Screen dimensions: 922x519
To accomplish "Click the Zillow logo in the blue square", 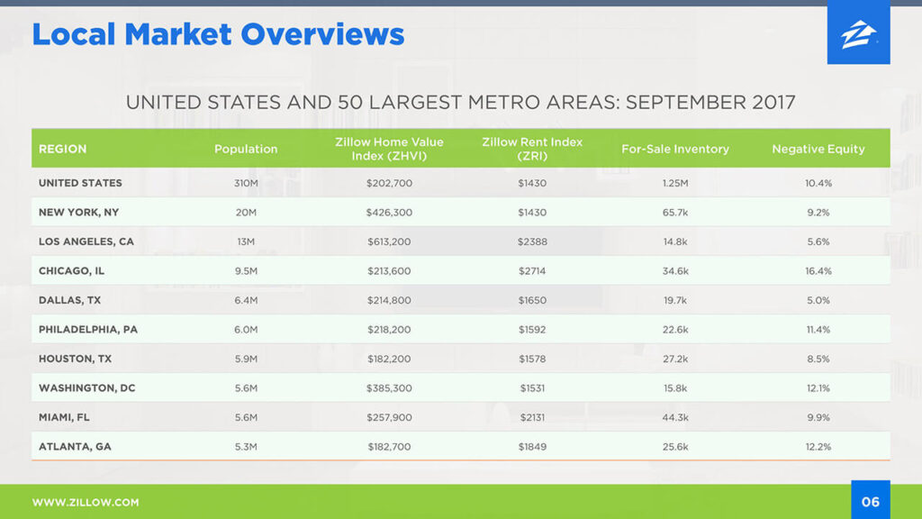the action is pos(858,35).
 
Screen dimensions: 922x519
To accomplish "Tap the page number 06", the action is pos(871,502).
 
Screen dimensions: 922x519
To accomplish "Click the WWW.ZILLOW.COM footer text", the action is pos(86,503).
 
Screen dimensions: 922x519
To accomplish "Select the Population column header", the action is pos(246,149).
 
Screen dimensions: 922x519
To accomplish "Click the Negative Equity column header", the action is pos(818,149).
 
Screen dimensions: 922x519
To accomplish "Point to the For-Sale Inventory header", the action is pos(675,149).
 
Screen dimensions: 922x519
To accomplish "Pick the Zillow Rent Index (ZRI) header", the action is pos(532,149).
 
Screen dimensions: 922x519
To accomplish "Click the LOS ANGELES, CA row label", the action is pos(86,241).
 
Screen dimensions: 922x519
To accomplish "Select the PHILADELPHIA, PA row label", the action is pos(88,330).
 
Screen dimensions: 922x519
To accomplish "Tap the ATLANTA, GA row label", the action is pos(75,447).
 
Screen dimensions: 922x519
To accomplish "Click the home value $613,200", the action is pos(389,241).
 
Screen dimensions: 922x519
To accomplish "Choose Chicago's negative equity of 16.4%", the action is pos(818,271).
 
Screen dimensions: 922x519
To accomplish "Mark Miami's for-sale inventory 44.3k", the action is pos(675,417).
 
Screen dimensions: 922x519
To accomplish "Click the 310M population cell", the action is pos(246,183).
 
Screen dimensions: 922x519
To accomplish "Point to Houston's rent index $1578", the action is pos(532,359).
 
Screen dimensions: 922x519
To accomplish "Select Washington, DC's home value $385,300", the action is pos(389,388).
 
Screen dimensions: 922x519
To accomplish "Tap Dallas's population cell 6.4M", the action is pos(246,300).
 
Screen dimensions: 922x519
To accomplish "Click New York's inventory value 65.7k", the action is pos(675,213).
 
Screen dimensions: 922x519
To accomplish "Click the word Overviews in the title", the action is pos(323,34).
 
